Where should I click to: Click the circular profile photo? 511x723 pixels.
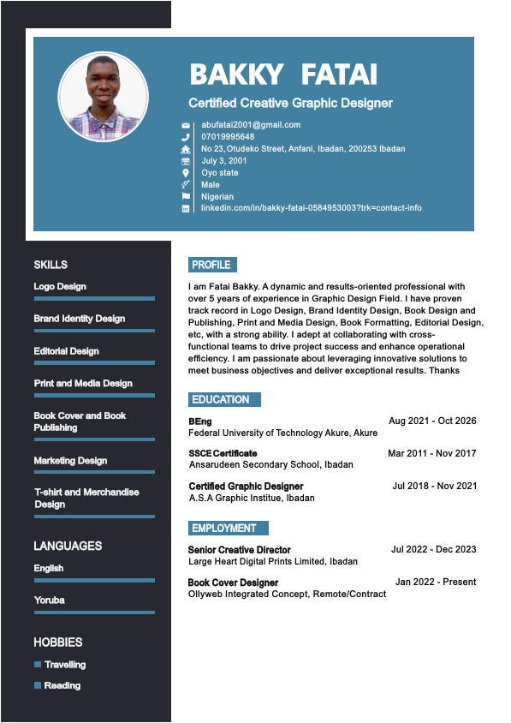coord(103,97)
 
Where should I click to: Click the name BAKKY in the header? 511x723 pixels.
coord(235,75)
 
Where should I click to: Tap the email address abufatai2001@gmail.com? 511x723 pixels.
coord(251,124)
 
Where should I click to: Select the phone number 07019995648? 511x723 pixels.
coord(228,136)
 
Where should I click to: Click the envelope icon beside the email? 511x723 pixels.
coord(186,125)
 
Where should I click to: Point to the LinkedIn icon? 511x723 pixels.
coord(186,208)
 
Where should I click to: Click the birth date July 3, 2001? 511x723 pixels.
coord(224,160)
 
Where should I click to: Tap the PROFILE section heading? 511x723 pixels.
coord(211,265)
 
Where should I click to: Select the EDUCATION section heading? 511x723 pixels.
coord(221,399)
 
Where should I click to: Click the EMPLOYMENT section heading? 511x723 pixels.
coord(224,528)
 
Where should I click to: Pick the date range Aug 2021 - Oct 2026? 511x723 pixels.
coord(432,421)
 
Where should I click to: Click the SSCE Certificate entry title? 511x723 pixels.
coord(223,453)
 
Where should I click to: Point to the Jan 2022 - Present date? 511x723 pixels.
coord(436,582)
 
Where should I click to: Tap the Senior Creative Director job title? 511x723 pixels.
coord(240,549)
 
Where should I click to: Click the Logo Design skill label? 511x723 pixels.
coord(60,286)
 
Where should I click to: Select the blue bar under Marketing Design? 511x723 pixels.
coord(94,472)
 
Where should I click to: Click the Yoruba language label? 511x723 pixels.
coord(49,600)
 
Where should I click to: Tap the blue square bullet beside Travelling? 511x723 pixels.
coord(38,665)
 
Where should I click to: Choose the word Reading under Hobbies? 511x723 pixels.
coord(62,685)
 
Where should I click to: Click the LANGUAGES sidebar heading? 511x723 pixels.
coord(68,546)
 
